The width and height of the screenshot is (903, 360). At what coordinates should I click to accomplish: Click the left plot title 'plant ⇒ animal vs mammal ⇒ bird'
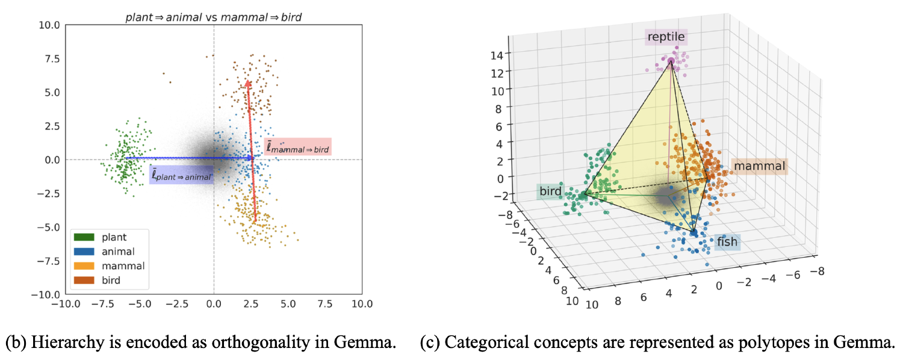click(213, 17)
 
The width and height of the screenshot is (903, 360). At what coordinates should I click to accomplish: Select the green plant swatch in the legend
click(85, 237)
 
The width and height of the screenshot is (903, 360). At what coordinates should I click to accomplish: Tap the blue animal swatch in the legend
click(85, 252)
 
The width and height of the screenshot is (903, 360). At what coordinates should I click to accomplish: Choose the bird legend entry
click(111, 280)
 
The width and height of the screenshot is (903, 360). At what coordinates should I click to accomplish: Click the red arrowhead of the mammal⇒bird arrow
click(247, 84)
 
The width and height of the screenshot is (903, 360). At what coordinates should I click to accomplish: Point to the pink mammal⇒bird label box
click(298, 146)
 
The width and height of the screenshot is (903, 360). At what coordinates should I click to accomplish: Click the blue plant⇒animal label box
click(181, 175)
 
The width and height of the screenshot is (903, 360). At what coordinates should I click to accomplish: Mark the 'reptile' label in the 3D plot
click(666, 38)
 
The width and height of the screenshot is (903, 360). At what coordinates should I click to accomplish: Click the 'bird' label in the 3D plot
click(550, 192)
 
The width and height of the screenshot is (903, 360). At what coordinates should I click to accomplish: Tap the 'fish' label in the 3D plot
click(727, 242)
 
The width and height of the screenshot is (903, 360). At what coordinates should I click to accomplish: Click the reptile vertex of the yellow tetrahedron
click(671, 61)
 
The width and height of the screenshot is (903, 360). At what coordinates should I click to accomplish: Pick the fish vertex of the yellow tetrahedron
click(694, 232)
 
